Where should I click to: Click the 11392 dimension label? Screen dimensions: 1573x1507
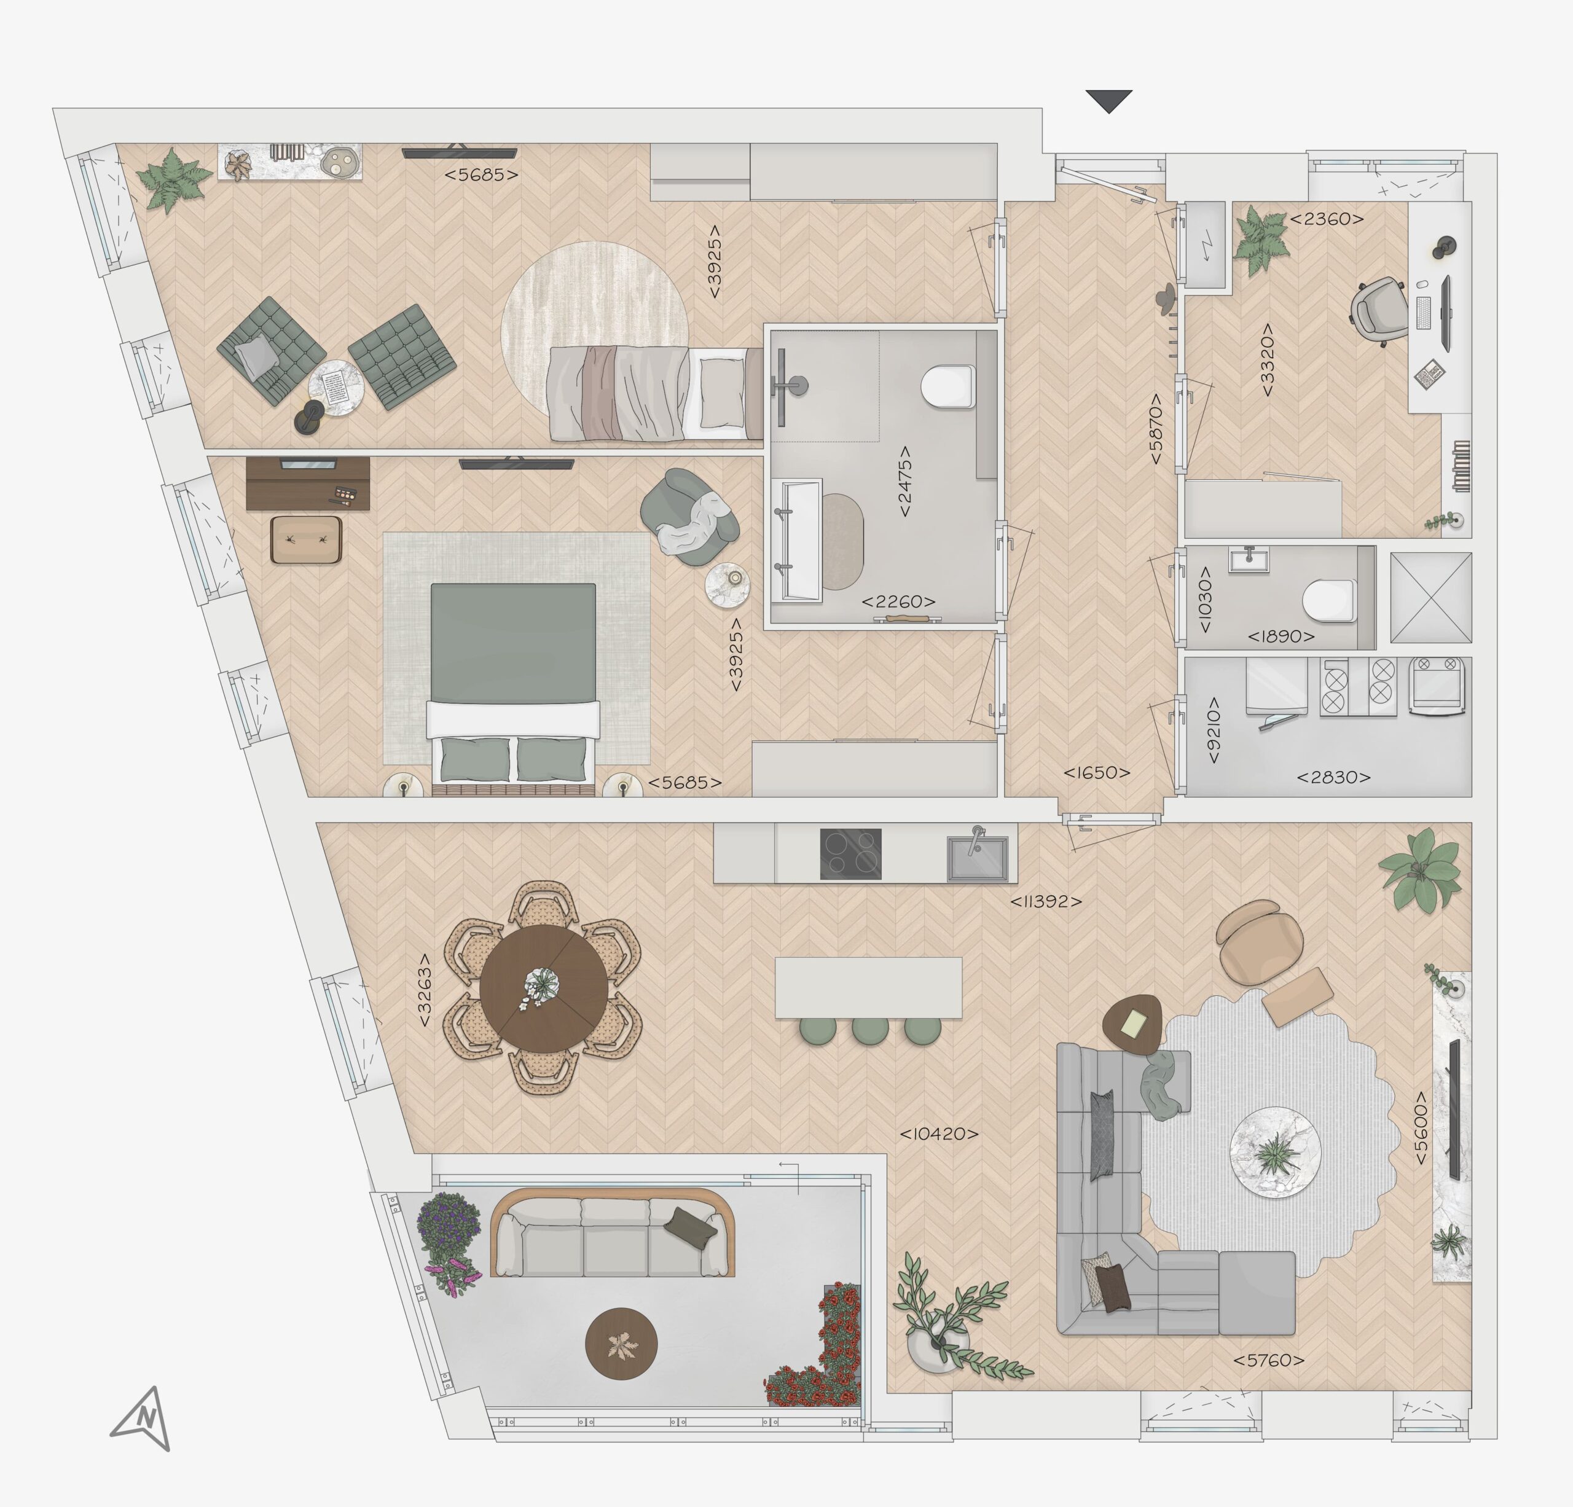click(x=1046, y=901)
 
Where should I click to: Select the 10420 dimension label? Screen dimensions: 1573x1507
click(x=939, y=1134)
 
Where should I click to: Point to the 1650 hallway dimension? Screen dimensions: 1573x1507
click(x=1096, y=773)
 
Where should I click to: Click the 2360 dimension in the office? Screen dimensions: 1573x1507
click(x=1327, y=218)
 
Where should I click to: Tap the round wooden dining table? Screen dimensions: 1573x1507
click(x=544, y=988)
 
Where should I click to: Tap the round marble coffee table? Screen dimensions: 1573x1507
click(x=1275, y=1153)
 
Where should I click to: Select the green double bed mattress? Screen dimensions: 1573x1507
click(x=514, y=644)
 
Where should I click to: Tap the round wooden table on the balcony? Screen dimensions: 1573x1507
click(x=621, y=1344)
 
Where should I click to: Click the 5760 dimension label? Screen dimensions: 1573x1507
click(x=1269, y=1360)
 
